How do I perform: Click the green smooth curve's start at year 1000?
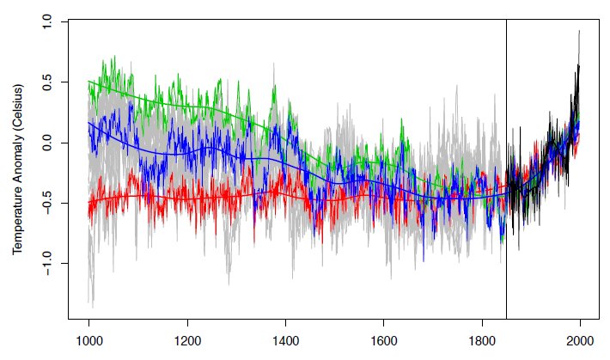89,82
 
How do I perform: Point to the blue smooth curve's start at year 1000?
89,123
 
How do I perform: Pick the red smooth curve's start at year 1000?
89,204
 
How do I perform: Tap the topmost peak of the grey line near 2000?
579,31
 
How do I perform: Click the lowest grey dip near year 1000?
92,304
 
